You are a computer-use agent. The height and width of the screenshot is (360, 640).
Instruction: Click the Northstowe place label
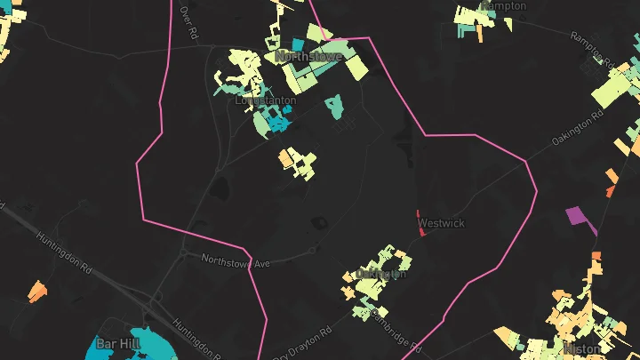(309, 56)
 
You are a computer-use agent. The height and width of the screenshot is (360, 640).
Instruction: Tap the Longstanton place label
(266, 101)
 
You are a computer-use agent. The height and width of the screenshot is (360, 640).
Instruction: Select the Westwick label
(441, 223)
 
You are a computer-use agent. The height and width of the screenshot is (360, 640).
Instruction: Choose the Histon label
(582, 350)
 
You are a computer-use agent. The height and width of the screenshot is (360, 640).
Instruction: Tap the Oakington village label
(380, 274)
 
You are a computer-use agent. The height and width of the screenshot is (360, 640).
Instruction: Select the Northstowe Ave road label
(235, 261)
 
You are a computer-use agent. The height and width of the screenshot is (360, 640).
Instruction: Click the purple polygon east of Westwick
(577, 216)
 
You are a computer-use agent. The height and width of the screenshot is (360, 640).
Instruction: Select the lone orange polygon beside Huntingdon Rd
(36, 291)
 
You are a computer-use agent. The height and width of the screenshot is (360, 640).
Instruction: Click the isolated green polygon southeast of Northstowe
(334, 108)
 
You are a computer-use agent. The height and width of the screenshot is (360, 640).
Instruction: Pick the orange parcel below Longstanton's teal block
(287, 159)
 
